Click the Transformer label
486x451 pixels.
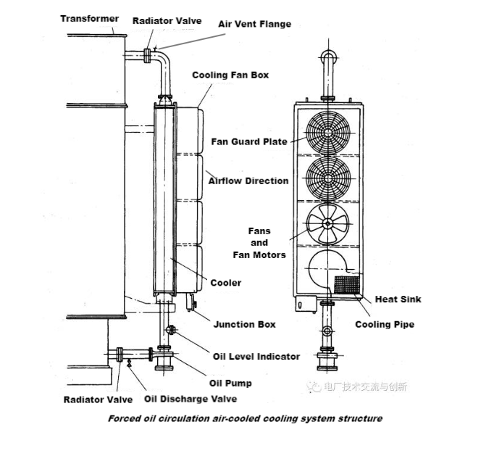90,18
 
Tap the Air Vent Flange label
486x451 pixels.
254,24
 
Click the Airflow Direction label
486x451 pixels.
248,181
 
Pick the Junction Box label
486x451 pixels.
244,324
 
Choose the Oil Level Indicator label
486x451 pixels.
256,356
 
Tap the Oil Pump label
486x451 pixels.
230,383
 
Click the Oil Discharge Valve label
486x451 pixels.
190,398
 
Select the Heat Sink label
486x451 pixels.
398,299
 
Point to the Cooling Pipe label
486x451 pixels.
384,324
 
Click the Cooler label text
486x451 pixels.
225,283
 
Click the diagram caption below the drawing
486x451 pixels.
245,418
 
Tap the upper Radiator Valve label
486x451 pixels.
166,21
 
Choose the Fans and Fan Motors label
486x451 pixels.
259,243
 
